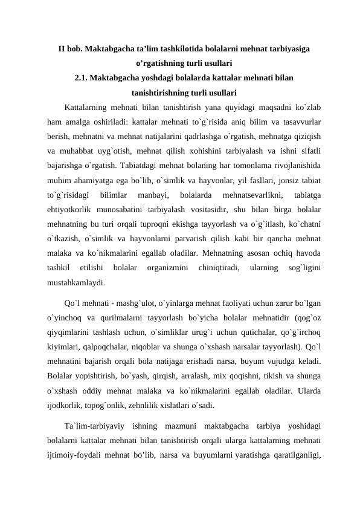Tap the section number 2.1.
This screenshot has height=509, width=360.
83,78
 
